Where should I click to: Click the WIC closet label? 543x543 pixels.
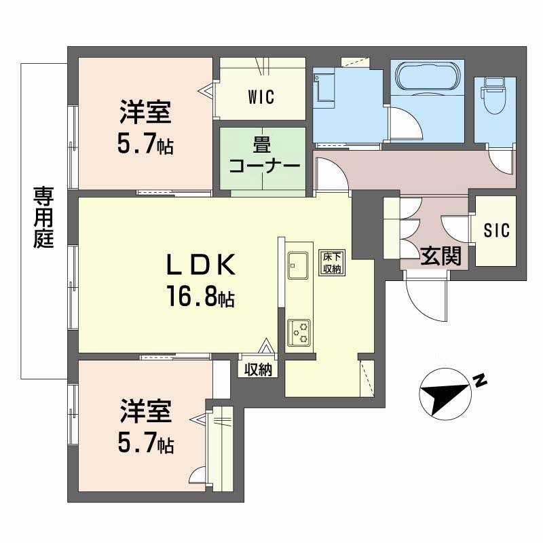coord(261,97)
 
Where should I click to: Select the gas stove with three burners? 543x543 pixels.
coord(299,333)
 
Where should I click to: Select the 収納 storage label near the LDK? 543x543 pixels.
coord(258,370)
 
